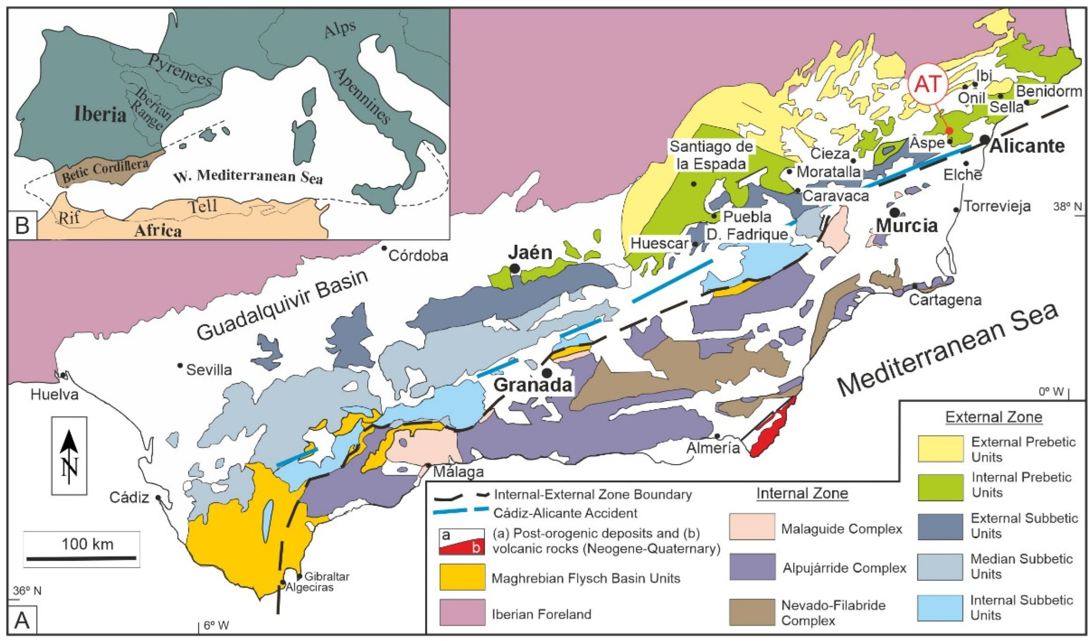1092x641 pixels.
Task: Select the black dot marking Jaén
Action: (514, 269)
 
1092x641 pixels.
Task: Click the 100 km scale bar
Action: (81, 558)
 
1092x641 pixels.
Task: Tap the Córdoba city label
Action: (418, 256)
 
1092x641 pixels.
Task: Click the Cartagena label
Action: (945, 300)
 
